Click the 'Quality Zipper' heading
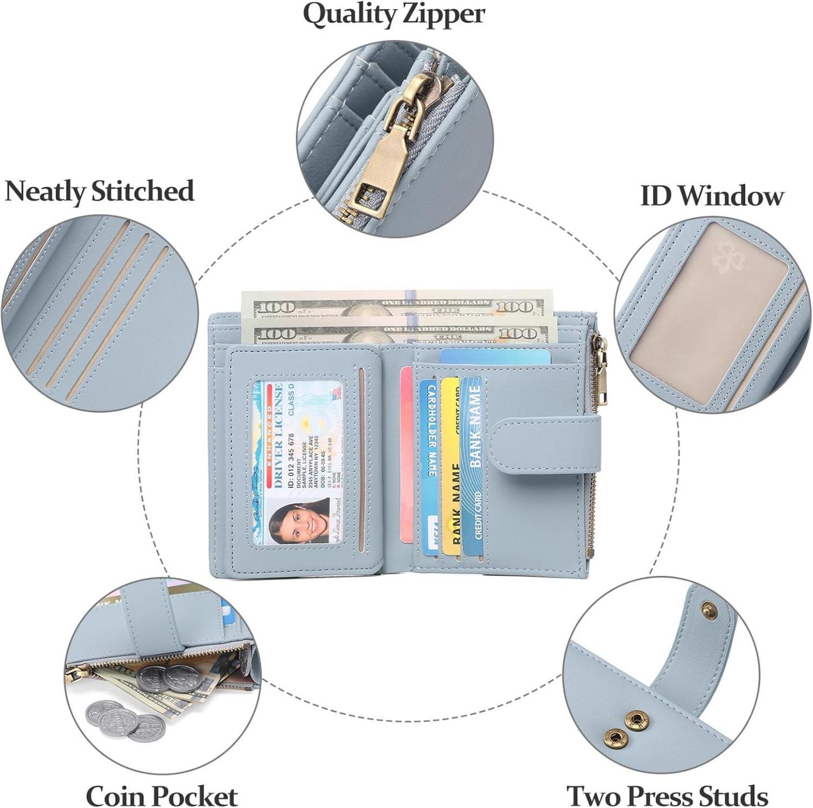tap(394, 15)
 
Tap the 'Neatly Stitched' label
tap(99, 191)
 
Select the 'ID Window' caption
tap(711, 196)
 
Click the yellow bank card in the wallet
tap(450, 463)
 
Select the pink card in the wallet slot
tap(407, 452)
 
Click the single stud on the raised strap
tap(710, 610)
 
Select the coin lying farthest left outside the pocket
tap(103, 712)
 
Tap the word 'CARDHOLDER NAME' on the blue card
tap(431, 431)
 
